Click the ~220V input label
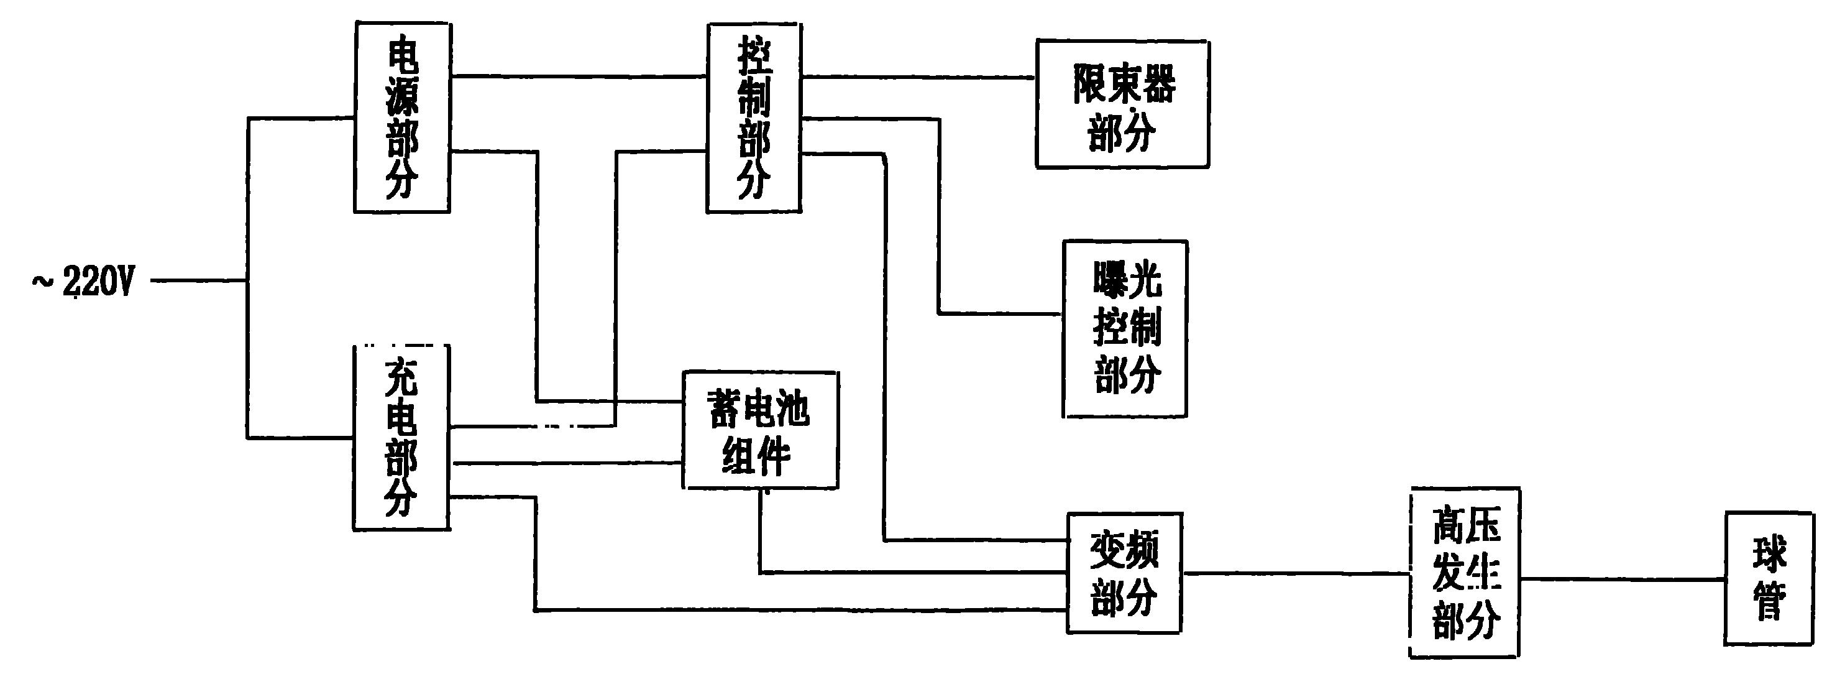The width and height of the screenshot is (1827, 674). [x=82, y=282]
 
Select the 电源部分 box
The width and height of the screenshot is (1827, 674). [x=402, y=117]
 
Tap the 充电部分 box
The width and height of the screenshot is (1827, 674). [x=402, y=437]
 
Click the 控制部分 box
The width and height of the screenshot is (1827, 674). [x=754, y=118]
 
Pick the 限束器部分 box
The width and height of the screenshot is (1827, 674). [x=1123, y=104]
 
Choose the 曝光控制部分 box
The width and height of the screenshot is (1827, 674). [x=1125, y=328]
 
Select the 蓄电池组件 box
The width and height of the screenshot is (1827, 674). [x=760, y=430]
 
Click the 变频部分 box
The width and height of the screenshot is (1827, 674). [x=1125, y=573]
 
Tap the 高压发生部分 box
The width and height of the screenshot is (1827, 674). [x=1465, y=573]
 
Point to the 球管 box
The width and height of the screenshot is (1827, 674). [x=1770, y=578]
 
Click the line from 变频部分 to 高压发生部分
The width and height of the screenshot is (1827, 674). [x=1296, y=573]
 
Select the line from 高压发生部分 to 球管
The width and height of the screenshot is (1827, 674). [x=1623, y=579]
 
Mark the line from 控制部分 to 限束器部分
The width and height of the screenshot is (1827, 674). [x=918, y=77]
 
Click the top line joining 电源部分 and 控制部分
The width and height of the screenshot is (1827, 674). [x=579, y=75]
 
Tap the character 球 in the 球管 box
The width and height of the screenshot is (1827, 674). [x=1770, y=555]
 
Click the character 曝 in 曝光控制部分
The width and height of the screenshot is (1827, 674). [x=1110, y=282]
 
